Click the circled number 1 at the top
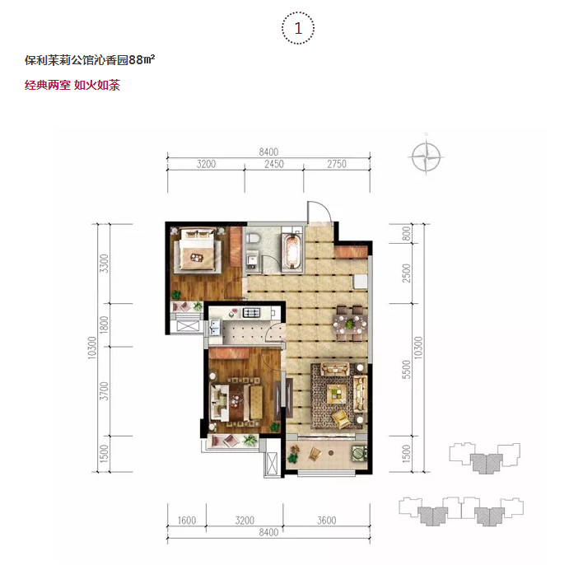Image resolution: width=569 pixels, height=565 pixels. coord(298,28)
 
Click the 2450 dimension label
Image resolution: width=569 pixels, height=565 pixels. coord(274,164)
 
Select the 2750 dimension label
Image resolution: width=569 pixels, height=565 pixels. coord(337,164)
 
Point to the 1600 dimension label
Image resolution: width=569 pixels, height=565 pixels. coord(187,521)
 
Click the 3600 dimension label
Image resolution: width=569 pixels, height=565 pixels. coord(327,521)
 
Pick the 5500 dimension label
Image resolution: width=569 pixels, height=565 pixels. coord(407,370)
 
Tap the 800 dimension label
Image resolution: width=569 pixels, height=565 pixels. coord(407,233)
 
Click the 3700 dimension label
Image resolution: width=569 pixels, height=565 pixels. coord(104,391)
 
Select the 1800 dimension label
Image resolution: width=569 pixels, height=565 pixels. coord(104,325)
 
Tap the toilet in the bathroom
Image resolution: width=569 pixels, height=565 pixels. coord(253,239)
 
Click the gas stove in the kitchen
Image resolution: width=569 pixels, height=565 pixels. coord(252,312)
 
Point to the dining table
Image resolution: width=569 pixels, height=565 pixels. coord(348,324)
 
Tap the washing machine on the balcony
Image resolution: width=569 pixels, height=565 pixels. coord(359,453)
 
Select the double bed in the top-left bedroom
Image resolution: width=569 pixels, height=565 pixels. coord(198,250)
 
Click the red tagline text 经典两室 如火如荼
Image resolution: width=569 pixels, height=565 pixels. coord(72,86)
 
